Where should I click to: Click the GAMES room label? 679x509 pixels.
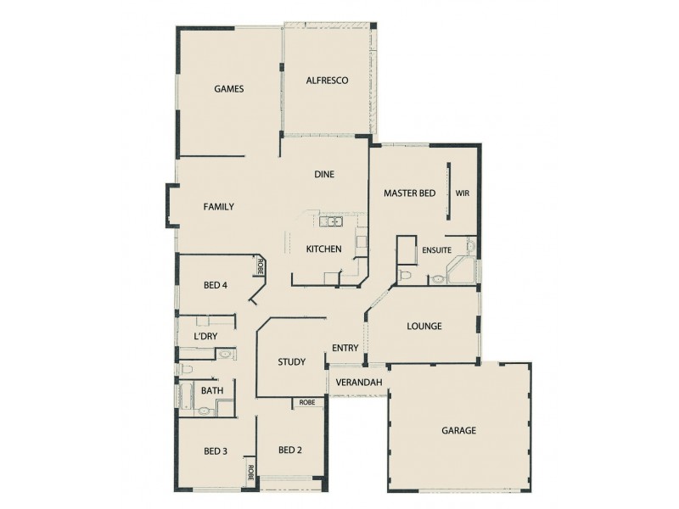[x=229, y=88]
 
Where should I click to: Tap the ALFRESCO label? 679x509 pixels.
[x=327, y=81]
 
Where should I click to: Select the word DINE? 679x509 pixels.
[x=324, y=175]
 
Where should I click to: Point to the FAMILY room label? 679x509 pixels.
[x=218, y=206]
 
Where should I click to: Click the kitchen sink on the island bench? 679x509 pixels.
[x=330, y=222]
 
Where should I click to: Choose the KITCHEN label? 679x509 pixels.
[x=323, y=249]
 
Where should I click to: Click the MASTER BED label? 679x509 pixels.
[x=409, y=193]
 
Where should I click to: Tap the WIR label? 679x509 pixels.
[x=463, y=193]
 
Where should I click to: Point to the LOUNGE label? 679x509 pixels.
[x=424, y=326]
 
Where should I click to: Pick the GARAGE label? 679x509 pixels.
[x=458, y=430]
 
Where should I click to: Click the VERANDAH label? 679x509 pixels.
[x=358, y=383]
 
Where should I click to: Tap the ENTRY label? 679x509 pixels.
[x=345, y=348]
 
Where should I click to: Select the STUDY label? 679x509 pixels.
[x=291, y=362]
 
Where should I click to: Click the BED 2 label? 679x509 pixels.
[x=290, y=450]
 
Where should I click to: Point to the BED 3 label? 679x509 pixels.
[x=216, y=450]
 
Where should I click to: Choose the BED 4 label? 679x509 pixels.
[x=216, y=285]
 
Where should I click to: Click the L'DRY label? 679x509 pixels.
[x=206, y=337]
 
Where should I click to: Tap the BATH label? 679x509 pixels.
[x=211, y=390]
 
